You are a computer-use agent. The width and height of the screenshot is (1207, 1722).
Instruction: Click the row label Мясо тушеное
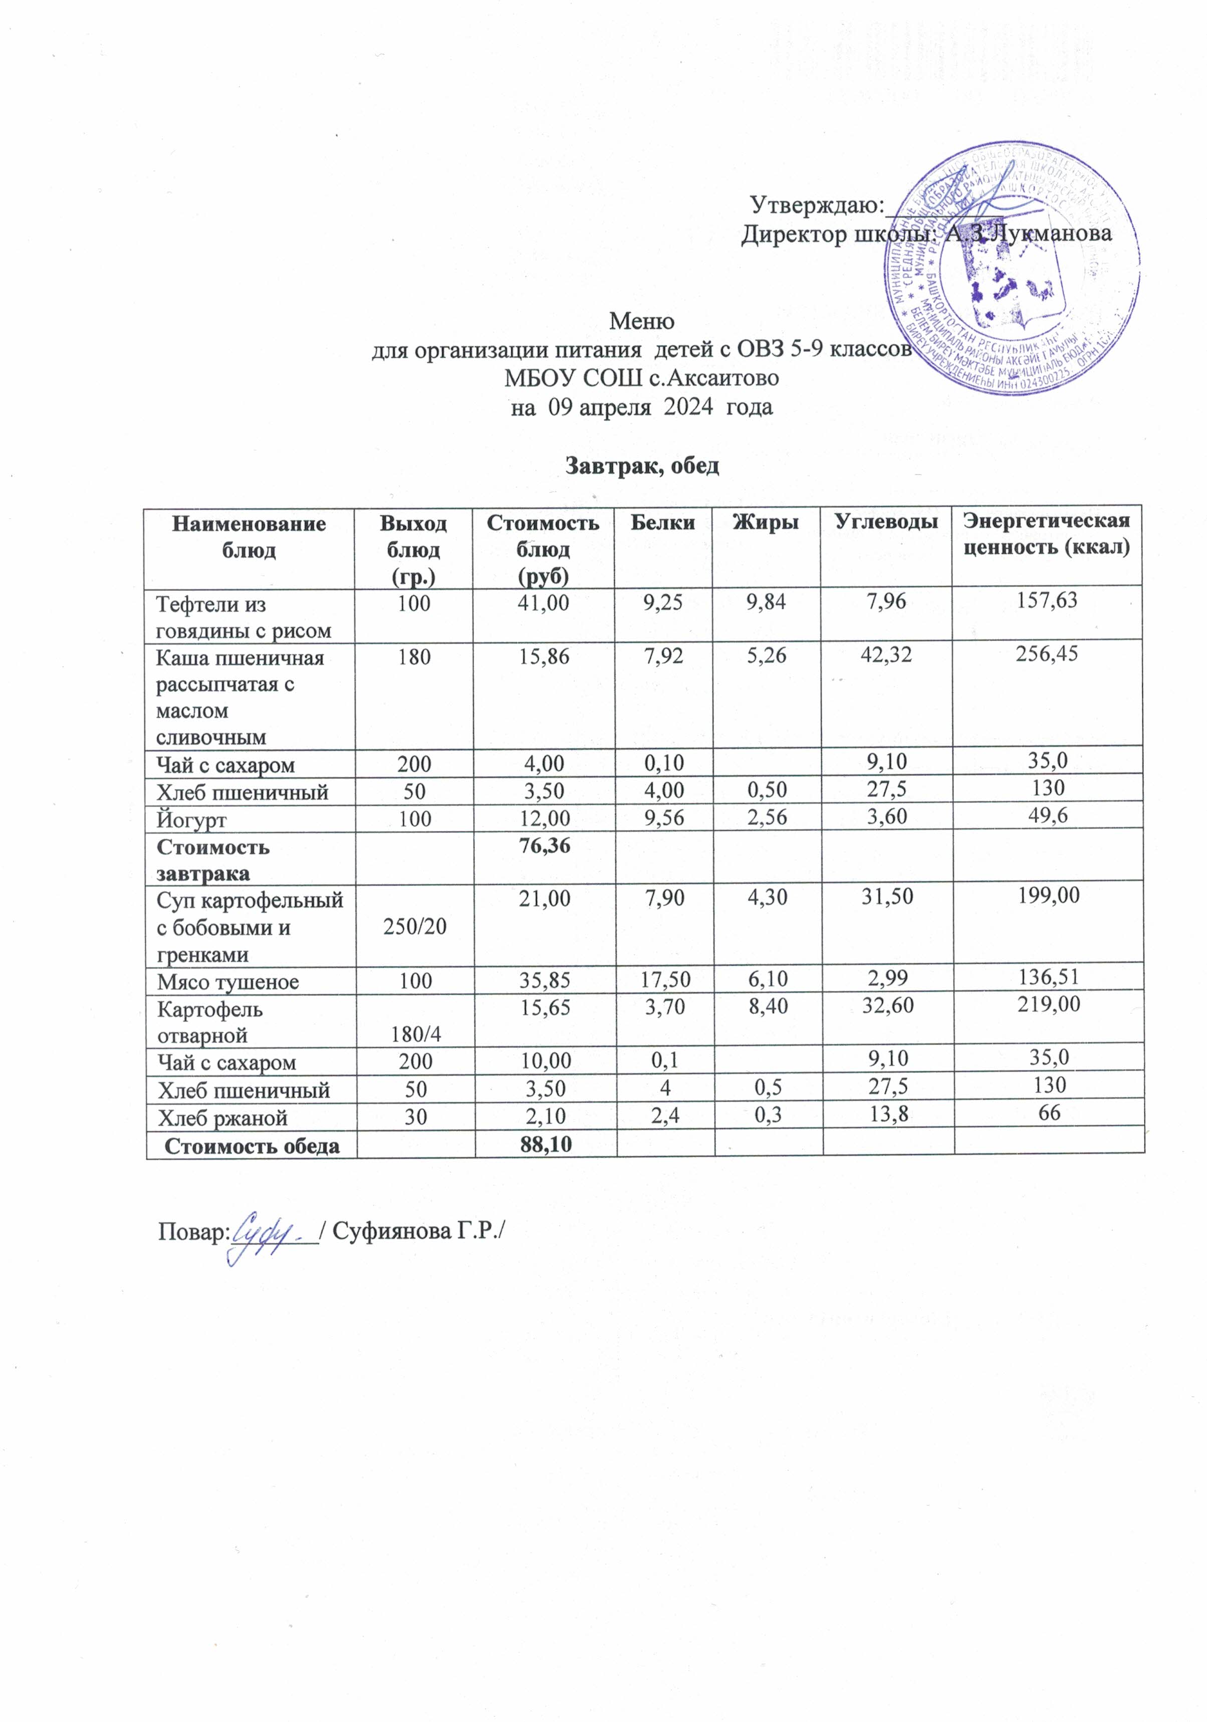tap(228, 982)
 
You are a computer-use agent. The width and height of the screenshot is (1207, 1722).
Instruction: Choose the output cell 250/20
tap(414, 927)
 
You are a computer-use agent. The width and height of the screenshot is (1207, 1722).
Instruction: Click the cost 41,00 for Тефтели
tap(544, 602)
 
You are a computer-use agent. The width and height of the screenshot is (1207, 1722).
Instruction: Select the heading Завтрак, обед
tap(642, 466)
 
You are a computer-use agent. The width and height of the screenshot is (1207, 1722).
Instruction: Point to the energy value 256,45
tap(1047, 654)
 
